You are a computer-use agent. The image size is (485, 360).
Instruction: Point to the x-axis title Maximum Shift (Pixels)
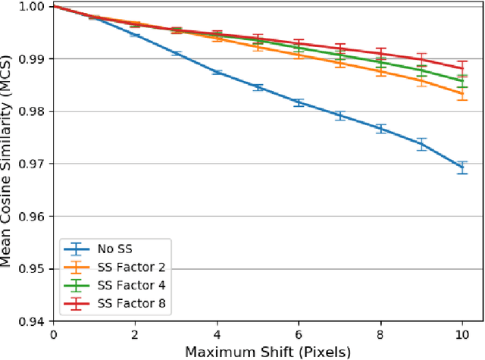(x=268, y=351)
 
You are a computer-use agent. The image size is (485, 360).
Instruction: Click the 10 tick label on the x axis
(x=463, y=334)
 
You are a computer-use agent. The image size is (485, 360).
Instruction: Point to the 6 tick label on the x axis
(x=299, y=334)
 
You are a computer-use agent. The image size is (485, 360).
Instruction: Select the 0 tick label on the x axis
(x=53, y=334)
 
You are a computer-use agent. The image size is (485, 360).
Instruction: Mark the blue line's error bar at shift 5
(x=258, y=87)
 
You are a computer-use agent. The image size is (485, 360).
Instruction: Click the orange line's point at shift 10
(x=463, y=94)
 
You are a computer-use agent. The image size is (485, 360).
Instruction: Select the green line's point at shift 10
(x=463, y=80)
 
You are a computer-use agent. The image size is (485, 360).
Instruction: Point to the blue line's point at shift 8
(x=381, y=129)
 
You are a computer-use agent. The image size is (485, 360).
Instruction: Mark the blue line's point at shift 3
(x=177, y=53)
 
